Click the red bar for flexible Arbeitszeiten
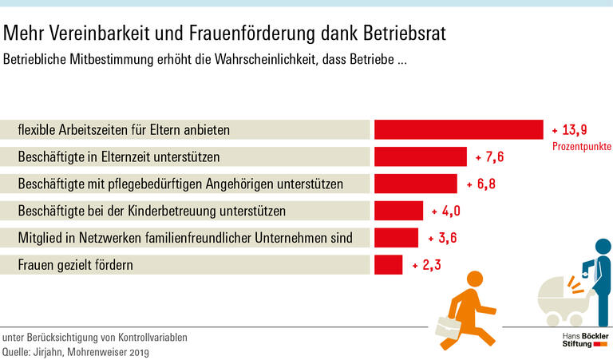point(459,129)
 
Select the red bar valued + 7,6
point(420,156)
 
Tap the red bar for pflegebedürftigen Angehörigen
point(415,184)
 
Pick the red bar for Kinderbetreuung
point(398,211)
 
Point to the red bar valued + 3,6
point(396,238)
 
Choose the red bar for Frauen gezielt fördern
point(388,264)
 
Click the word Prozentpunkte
point(582,147)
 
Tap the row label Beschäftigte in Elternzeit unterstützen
point(119,157)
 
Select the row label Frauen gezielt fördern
point(75,265)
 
